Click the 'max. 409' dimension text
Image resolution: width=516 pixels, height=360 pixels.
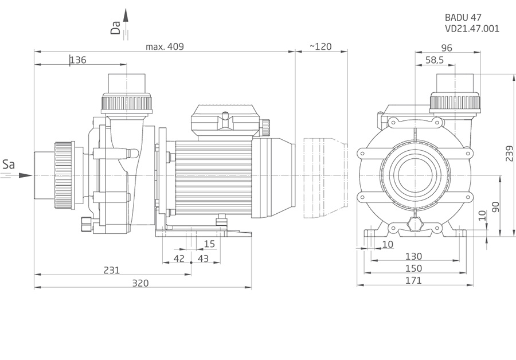(x=165, y=47)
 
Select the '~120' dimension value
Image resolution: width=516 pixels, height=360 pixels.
(x=320, y=47)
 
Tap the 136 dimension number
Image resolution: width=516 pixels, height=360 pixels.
(x=78, y=60)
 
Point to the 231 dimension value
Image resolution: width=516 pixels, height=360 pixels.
(x=112, y=270)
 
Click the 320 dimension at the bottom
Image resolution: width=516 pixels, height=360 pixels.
(x=140, y=283)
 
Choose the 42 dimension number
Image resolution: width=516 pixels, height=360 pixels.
(x=179, y=259)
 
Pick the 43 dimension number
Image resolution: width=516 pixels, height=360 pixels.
(x=203, y=259)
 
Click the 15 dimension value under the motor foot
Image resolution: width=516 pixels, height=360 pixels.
(x=209, y=244)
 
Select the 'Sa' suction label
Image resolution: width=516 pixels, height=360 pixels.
(x=8, y=165)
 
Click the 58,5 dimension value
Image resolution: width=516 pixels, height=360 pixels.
(x=435, y=60)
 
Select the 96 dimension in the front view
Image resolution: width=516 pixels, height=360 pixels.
(x=447, y=48)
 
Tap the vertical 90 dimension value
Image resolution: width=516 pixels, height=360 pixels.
(x=496, y=206)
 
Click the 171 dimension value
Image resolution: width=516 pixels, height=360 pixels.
(x=413, y=280)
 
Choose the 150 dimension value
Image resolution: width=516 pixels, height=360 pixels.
(x=413, y=268)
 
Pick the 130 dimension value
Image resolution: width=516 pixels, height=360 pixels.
(x=413, y=256)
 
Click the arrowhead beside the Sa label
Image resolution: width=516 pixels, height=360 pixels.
(x=25, y=175)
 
